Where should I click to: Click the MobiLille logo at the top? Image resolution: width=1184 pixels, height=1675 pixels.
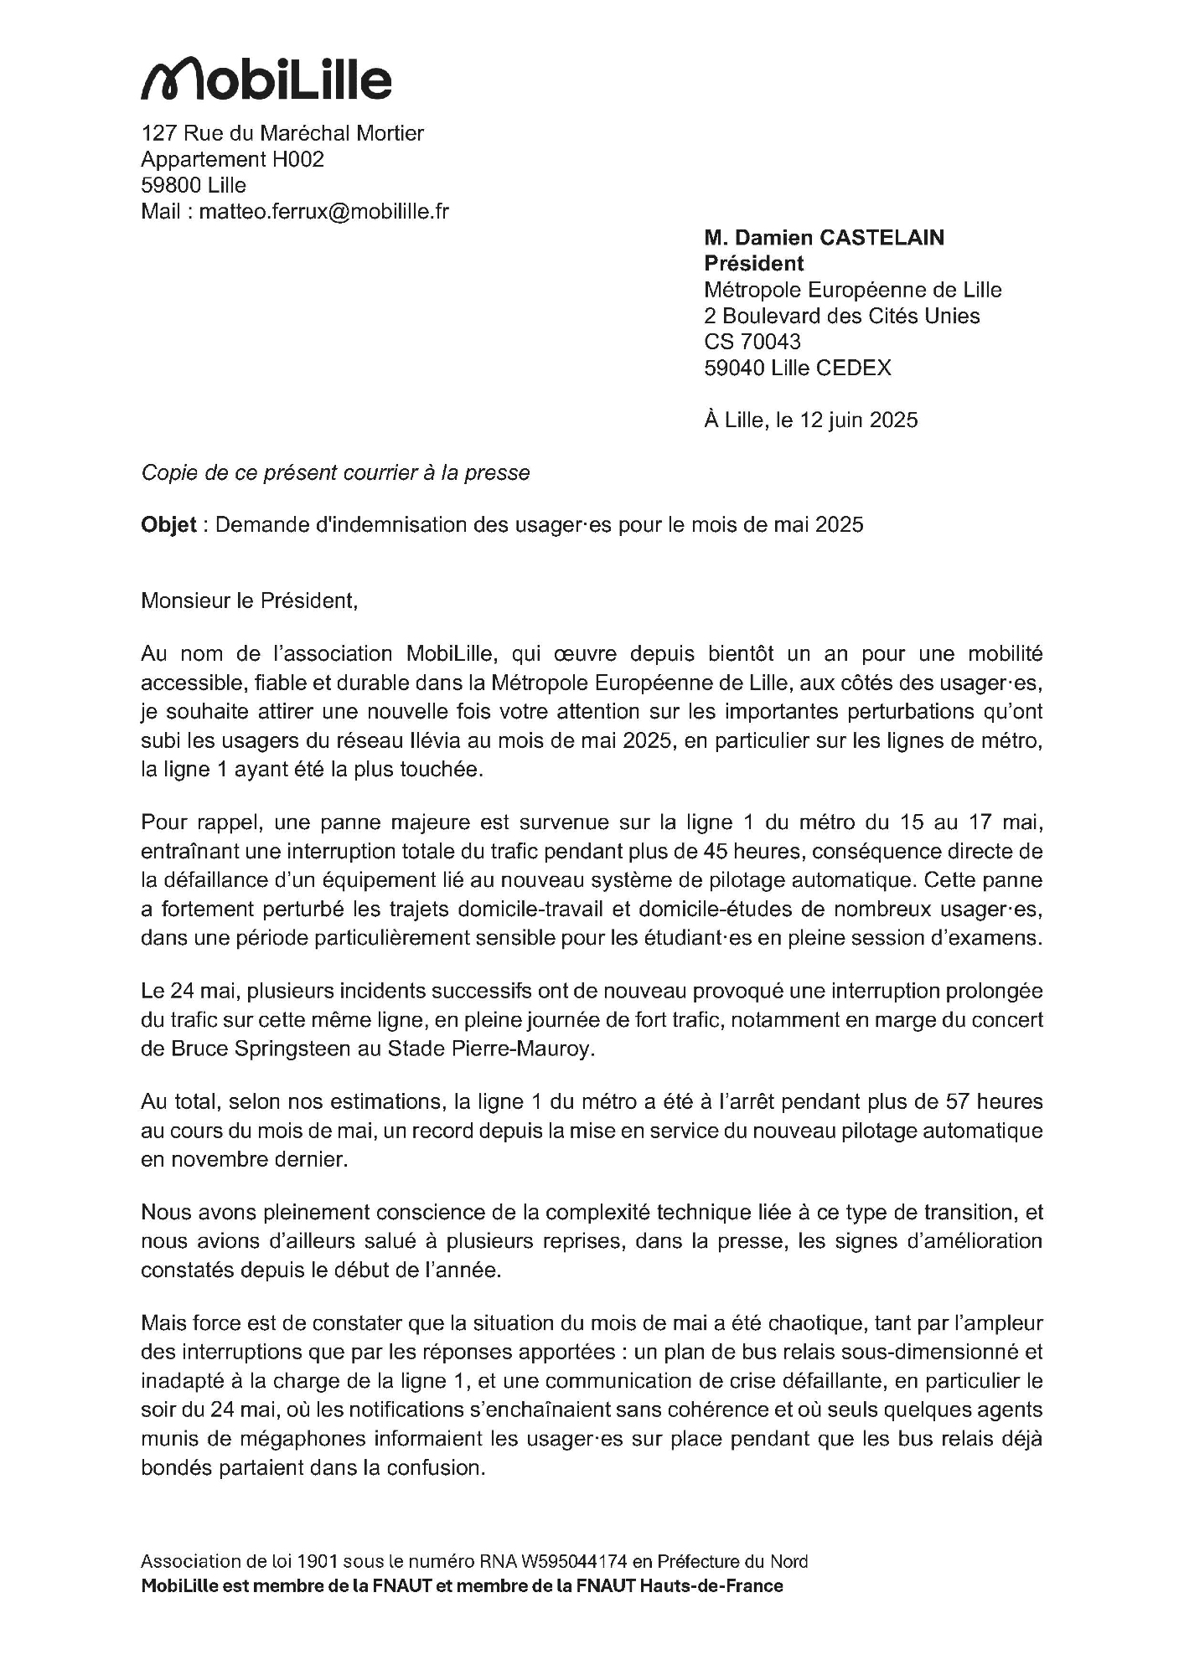click(266, 80)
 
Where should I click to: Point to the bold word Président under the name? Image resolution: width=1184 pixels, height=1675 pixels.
click(753, 264)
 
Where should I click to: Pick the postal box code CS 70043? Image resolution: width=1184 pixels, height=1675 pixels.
click(752, 342)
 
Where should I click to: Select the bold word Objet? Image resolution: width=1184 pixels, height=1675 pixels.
click(168, 525)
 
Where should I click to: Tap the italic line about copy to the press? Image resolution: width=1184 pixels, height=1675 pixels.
click(335, 473)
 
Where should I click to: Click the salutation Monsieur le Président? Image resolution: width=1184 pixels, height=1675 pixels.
click(249, 601)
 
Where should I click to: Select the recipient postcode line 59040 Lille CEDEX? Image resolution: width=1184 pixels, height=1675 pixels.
click(797, 368)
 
